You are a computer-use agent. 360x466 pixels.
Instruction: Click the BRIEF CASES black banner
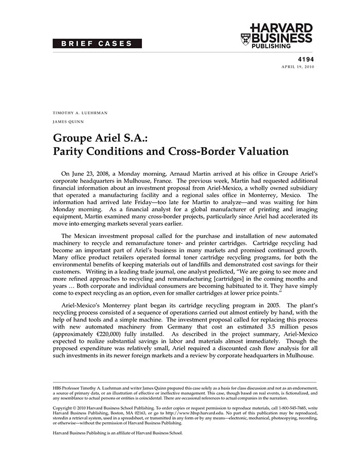pyautogui.click(x=97, y=43)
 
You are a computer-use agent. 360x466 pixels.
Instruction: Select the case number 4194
pyautogui.click(x=306, y=59)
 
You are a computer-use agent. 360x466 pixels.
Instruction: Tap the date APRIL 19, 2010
pyautogui.click(x=297, y=67)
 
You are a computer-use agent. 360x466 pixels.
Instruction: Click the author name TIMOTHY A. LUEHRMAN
pyautogui.click(x=80, y=113)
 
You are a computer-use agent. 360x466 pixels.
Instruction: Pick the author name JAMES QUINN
pyautogui.click(x=68, y=122)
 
